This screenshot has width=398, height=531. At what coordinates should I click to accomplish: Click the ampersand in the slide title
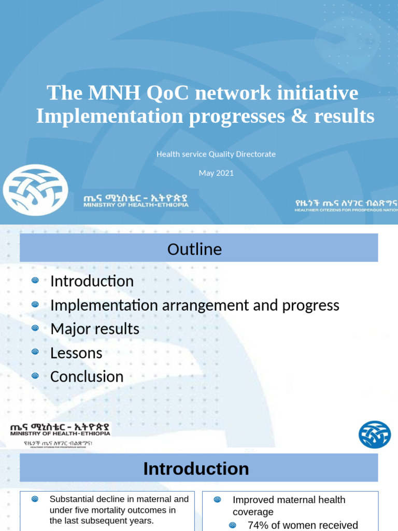tap(300, 116)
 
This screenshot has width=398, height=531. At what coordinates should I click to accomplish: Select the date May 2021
tap(216, 173)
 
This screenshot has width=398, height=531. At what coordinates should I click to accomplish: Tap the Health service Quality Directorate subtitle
tap(216, 154)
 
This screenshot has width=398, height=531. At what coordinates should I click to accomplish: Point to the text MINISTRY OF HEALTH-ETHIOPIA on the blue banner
tap(136, 205)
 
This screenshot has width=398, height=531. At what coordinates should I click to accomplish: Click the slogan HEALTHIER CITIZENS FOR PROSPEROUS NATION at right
tap(345, 210)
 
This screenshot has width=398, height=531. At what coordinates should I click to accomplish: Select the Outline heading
tap(194, 249)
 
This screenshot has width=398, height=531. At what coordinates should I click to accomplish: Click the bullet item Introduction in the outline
tap(92, 281)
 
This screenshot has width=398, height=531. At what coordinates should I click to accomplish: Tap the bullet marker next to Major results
tap(35, 328)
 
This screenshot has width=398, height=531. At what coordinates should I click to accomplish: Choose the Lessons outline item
tap(76, 353)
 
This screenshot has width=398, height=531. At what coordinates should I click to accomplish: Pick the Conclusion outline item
tap(87, 376)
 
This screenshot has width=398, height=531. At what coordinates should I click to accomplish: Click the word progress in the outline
tap(310, 305)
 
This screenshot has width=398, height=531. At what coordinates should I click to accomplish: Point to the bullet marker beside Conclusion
tap(35, 376)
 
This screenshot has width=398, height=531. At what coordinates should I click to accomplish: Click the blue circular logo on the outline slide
tap(375, 435)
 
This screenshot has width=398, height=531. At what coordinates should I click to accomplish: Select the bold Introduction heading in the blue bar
tap(196, 469)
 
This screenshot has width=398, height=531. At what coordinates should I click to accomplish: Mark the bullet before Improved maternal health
tap(217, 500)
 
